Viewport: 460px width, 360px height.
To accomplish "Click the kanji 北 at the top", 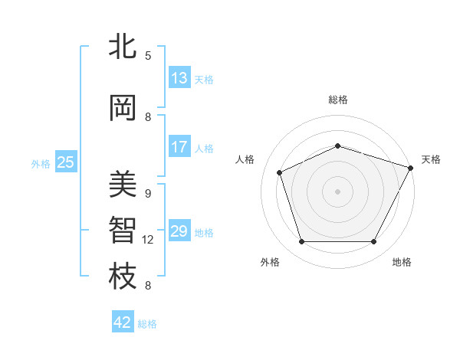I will point(123,47).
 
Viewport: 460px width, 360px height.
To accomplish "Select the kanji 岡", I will point(123,108).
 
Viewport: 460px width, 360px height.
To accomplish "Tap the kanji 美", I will point(123,185).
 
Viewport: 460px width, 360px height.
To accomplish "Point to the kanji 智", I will point(123,231).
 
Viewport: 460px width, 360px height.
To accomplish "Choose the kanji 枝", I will point(123,277).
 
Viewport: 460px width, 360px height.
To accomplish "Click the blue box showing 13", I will point(179,78).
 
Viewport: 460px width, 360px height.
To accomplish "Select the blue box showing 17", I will point(179,147).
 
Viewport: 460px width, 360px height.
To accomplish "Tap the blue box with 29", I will point(179,231).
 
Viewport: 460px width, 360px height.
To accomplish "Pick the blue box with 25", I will point(66,162).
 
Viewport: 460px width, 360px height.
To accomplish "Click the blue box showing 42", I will point(123,322).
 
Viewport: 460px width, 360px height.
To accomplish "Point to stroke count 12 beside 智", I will point(148,240).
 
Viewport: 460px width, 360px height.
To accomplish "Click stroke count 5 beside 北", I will point(148,56).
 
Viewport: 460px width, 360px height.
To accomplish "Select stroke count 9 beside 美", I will point(148,194).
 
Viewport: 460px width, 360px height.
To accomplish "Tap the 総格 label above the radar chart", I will point(337,100).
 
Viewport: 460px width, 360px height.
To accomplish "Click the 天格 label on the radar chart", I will point(431,159).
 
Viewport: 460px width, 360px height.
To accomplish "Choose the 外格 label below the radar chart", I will point(270,262).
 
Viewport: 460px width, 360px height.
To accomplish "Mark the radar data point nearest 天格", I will point(411,168).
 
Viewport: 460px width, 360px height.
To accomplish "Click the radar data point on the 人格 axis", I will point(280,172).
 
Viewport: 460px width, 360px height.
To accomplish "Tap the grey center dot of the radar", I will point(337,191).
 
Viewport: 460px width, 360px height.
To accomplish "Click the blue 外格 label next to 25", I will point(41,163).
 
